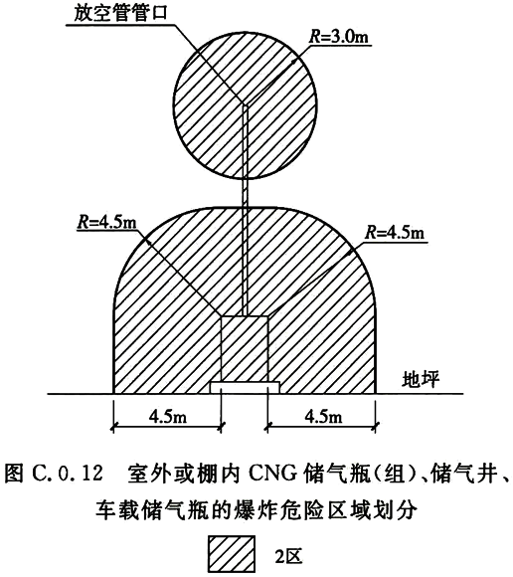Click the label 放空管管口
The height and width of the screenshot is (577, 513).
[x=120, y=14]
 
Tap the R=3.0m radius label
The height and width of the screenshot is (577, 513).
[x=339, y=37]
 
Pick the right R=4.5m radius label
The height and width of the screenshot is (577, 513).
[x=395, y=233]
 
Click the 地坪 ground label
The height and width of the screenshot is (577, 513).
[x=421, y=379]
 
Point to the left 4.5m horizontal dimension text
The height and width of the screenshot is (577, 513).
[x=168, y=417]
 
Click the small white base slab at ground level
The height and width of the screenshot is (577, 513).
[x=245, y=388]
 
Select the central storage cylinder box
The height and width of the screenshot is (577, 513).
[x=245, y=349]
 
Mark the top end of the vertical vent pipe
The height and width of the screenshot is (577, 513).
[x=245, y=104]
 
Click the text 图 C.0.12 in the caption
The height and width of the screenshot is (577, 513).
[x=54, y=473]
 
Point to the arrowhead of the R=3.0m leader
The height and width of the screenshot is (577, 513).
[x=294, y=61]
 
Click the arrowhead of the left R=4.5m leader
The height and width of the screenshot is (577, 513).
[x=147, y=241]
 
